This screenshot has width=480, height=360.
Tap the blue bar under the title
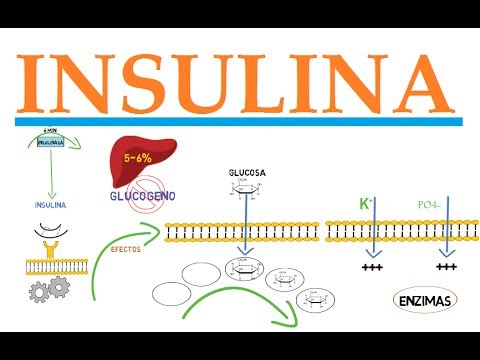pos(239,121)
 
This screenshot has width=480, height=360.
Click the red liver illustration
pos(144,160)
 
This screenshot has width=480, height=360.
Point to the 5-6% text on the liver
pos(141,158)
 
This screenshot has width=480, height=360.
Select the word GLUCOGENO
pos(141,194)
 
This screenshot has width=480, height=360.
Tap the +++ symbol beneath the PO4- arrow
pos(447,267)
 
